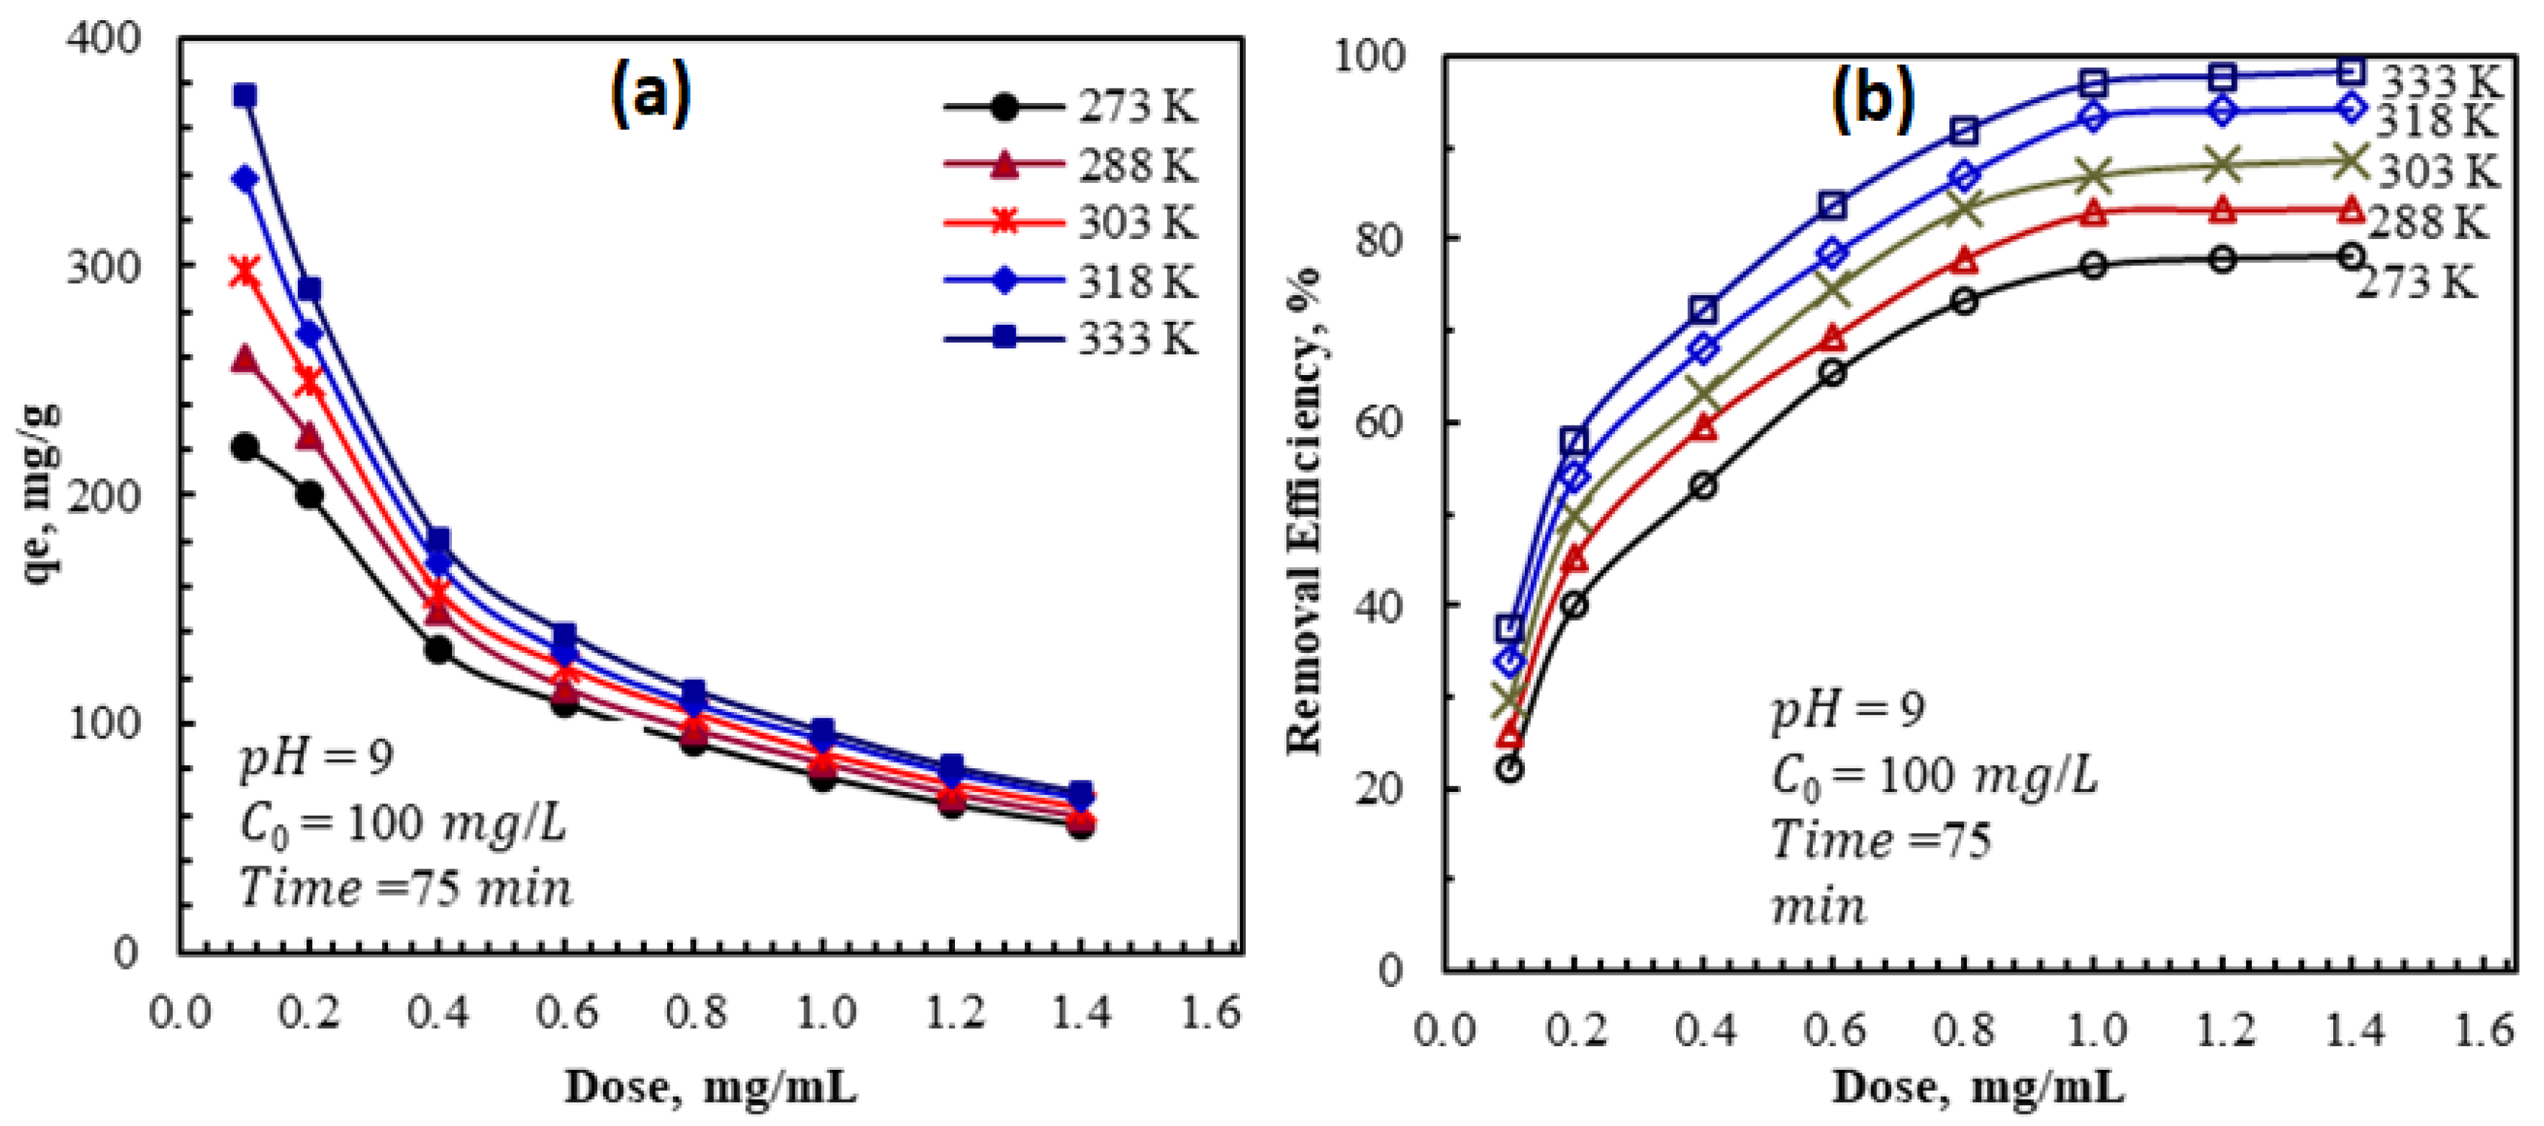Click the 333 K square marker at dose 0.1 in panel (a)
click(245, 96)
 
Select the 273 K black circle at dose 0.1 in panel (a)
click(244, 447)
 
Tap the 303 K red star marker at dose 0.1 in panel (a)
click(244, 271)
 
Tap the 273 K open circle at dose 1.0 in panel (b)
click(2093, 265)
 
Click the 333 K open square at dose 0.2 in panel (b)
click(1575, 441)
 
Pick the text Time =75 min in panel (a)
click(406, 887)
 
